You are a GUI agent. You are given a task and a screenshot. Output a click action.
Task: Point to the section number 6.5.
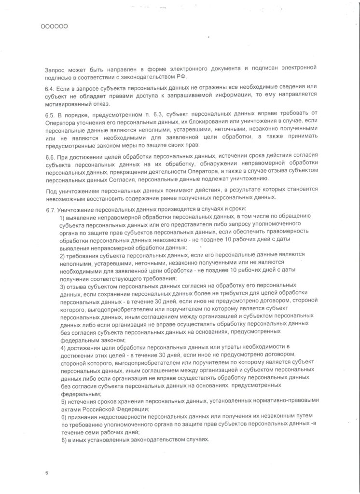point(50,114)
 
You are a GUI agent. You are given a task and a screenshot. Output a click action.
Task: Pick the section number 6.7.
point(50,209)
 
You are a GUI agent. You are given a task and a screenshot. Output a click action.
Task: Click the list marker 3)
point(62,286)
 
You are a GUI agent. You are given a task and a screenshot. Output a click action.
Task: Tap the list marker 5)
point(62,402)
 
